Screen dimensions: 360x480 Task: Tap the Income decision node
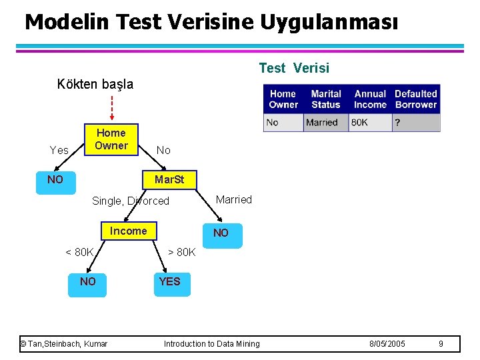tap(129, 231)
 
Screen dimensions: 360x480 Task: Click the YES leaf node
tap(169, 281)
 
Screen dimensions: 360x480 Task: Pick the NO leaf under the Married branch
tap(221, 233)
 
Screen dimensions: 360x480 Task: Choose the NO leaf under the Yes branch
tap(55, 180)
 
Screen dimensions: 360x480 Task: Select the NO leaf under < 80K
tap(87, 281)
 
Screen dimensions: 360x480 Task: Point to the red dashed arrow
tap(111, 107)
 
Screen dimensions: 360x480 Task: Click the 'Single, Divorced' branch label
tap(131, 201)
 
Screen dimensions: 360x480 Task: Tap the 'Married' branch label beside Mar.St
tap(234, 199)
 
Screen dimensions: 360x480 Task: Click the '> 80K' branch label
tap(181, 252)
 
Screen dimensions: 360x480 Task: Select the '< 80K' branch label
tap(79, 252)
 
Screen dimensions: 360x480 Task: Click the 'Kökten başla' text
tap(95, 85)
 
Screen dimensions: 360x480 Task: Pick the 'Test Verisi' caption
tap(293, 68)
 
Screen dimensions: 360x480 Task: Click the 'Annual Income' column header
tap(370, 99)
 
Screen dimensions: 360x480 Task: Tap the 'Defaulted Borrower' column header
tap(416, 99)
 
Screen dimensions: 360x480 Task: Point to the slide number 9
tap(441, 343)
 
